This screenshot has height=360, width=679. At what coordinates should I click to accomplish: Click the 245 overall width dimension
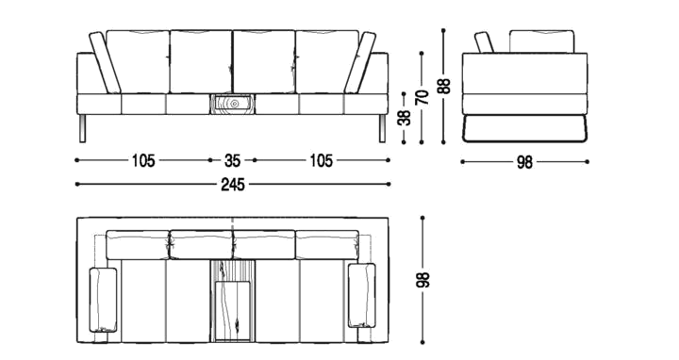233,185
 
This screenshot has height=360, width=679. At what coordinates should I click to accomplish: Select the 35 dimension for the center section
232,161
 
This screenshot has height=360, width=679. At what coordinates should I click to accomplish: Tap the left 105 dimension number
143,161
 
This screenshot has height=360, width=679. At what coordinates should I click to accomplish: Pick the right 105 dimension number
321,161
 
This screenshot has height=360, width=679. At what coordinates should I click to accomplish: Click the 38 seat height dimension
405,118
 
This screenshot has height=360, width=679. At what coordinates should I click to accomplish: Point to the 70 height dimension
422,97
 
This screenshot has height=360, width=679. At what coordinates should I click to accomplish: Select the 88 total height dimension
444,87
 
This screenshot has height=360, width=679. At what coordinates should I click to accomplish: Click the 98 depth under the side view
524,163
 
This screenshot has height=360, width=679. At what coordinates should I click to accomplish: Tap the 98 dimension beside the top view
423,280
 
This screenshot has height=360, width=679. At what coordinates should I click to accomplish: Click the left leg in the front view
83,128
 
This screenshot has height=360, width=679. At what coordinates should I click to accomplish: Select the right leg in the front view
382,128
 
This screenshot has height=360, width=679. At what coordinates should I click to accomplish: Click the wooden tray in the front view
232,104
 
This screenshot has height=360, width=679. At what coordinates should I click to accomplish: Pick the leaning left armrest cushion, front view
106,63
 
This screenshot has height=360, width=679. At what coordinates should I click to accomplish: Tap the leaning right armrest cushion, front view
360,63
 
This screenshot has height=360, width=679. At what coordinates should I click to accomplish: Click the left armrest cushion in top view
103,300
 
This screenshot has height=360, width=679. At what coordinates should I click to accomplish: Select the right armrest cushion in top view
361,295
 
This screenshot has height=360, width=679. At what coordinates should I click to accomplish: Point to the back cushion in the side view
541,41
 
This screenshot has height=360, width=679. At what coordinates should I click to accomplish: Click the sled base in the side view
524,128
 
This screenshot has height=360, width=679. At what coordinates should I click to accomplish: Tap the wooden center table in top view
233,301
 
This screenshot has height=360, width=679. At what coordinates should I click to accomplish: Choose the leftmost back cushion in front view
138,61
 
